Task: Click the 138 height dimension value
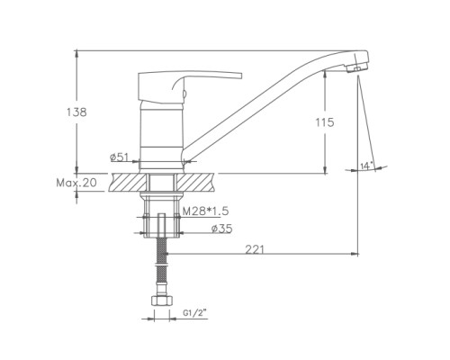click(76, 112)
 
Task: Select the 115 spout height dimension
click(325, 122)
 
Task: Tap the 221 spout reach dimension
click(255, 249)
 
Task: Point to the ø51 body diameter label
click(119, 157)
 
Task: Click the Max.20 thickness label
click(76, 183)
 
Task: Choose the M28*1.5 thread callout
click(206, 211)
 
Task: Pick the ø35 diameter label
click(221, 229)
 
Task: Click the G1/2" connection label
click(195, 313)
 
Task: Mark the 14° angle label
click(366, 166)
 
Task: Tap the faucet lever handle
click(190, 85)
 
